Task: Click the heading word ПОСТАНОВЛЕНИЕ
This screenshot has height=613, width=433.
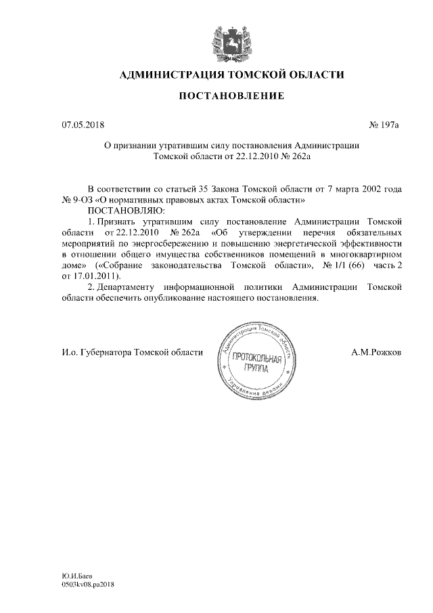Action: pyautogui.click(x=231, y=97)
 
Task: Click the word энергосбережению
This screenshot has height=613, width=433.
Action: pyautogui.click(x=182, y=243)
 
